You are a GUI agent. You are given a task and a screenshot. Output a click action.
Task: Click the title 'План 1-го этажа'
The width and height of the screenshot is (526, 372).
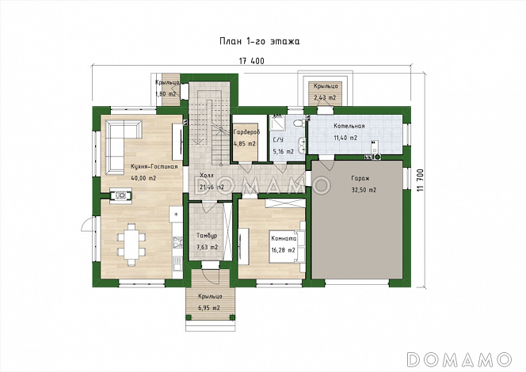[259, 41]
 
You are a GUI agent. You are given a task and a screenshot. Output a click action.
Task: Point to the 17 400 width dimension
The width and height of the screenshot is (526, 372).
[252, 61]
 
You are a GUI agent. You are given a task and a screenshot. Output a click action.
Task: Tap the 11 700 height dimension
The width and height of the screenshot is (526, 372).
[421, 180]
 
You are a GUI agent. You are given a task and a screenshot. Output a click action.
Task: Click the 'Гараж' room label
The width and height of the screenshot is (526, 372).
[360, 178]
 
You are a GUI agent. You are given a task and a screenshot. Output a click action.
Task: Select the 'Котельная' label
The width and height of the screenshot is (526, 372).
[349, 126]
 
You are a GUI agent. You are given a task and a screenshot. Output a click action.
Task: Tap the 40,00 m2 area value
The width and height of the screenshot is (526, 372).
[143, 178]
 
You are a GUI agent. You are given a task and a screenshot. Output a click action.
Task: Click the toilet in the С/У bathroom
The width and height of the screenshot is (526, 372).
[298, 123]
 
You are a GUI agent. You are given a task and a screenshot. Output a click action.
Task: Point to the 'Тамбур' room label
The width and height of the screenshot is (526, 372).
[207, 236]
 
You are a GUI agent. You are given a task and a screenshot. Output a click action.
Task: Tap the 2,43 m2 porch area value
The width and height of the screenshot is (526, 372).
[325, 97]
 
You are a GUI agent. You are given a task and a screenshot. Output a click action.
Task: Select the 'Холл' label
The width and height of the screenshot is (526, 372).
[206, 175]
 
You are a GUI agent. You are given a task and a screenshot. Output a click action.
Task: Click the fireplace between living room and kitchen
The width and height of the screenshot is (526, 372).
[120, 195]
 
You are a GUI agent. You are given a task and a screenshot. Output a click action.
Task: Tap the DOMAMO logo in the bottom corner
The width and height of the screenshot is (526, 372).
[459, 359]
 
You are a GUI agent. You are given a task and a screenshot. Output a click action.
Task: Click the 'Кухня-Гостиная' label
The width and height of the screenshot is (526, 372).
[154, 166]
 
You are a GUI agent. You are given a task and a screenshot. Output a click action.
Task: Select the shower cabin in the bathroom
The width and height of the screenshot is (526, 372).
[278, 123]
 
